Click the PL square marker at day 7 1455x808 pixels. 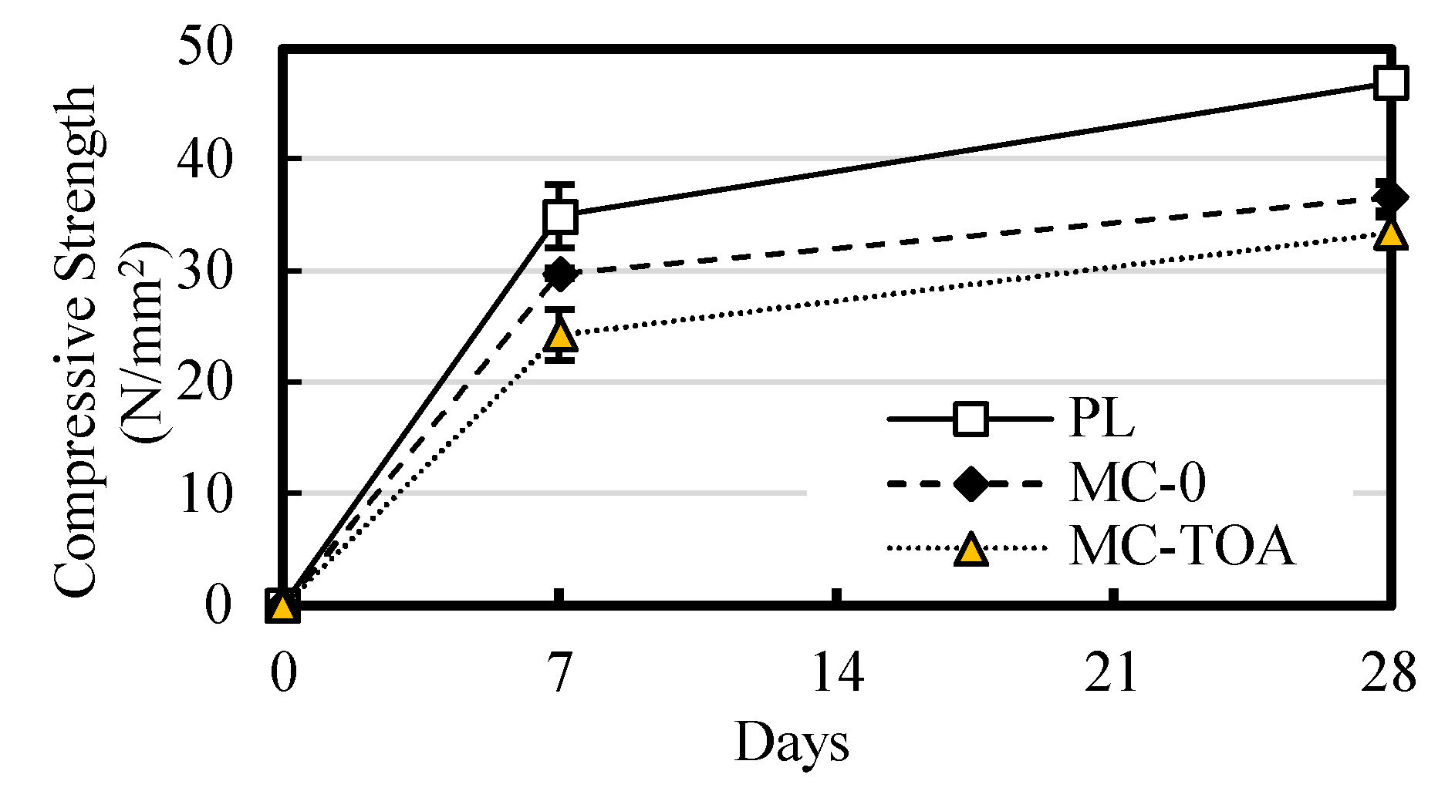pyautogui.click(x=560, y=217)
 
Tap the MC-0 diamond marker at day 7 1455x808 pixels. pyautogui.click(x=560, y=273)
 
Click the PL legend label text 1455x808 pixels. pyautogui.click(x=1101, y=419)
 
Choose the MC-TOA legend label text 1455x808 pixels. pyautogui.click(x=1181, y=548)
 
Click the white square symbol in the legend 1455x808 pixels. pyautogui.click(x=971, y=419)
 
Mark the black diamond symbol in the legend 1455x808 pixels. pyautogui.click(x=971, y=484)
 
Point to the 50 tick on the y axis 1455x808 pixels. pyautogui.click(x=204, y=48)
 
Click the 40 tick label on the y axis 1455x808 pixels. pyautogui.click(x=204, y=160)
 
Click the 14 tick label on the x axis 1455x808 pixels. pyautogui.click(x=837, y=673)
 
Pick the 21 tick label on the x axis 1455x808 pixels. pyautogui.click(x=1113, y=673)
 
